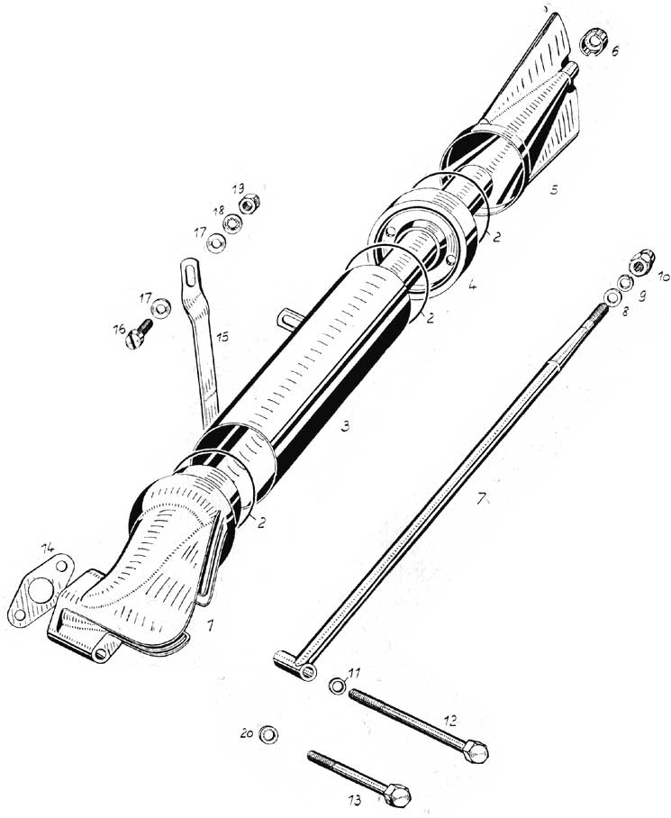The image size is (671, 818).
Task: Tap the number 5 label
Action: [554, 190]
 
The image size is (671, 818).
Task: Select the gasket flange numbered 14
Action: [38, 589]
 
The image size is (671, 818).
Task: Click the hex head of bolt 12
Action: [476, 752]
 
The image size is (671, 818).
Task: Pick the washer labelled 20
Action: [269, 734]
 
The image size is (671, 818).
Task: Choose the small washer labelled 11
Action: [337, 685]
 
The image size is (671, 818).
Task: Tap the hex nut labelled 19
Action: [250, 204]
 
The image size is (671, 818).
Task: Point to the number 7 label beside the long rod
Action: [481, 497]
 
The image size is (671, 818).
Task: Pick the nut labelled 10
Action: [640, 262]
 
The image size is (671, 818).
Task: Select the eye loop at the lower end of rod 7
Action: [308, 671]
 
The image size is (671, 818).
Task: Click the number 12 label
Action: [451, 721]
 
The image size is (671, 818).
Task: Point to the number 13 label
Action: [355, 800]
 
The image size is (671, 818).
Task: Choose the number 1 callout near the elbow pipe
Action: [210, 625]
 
